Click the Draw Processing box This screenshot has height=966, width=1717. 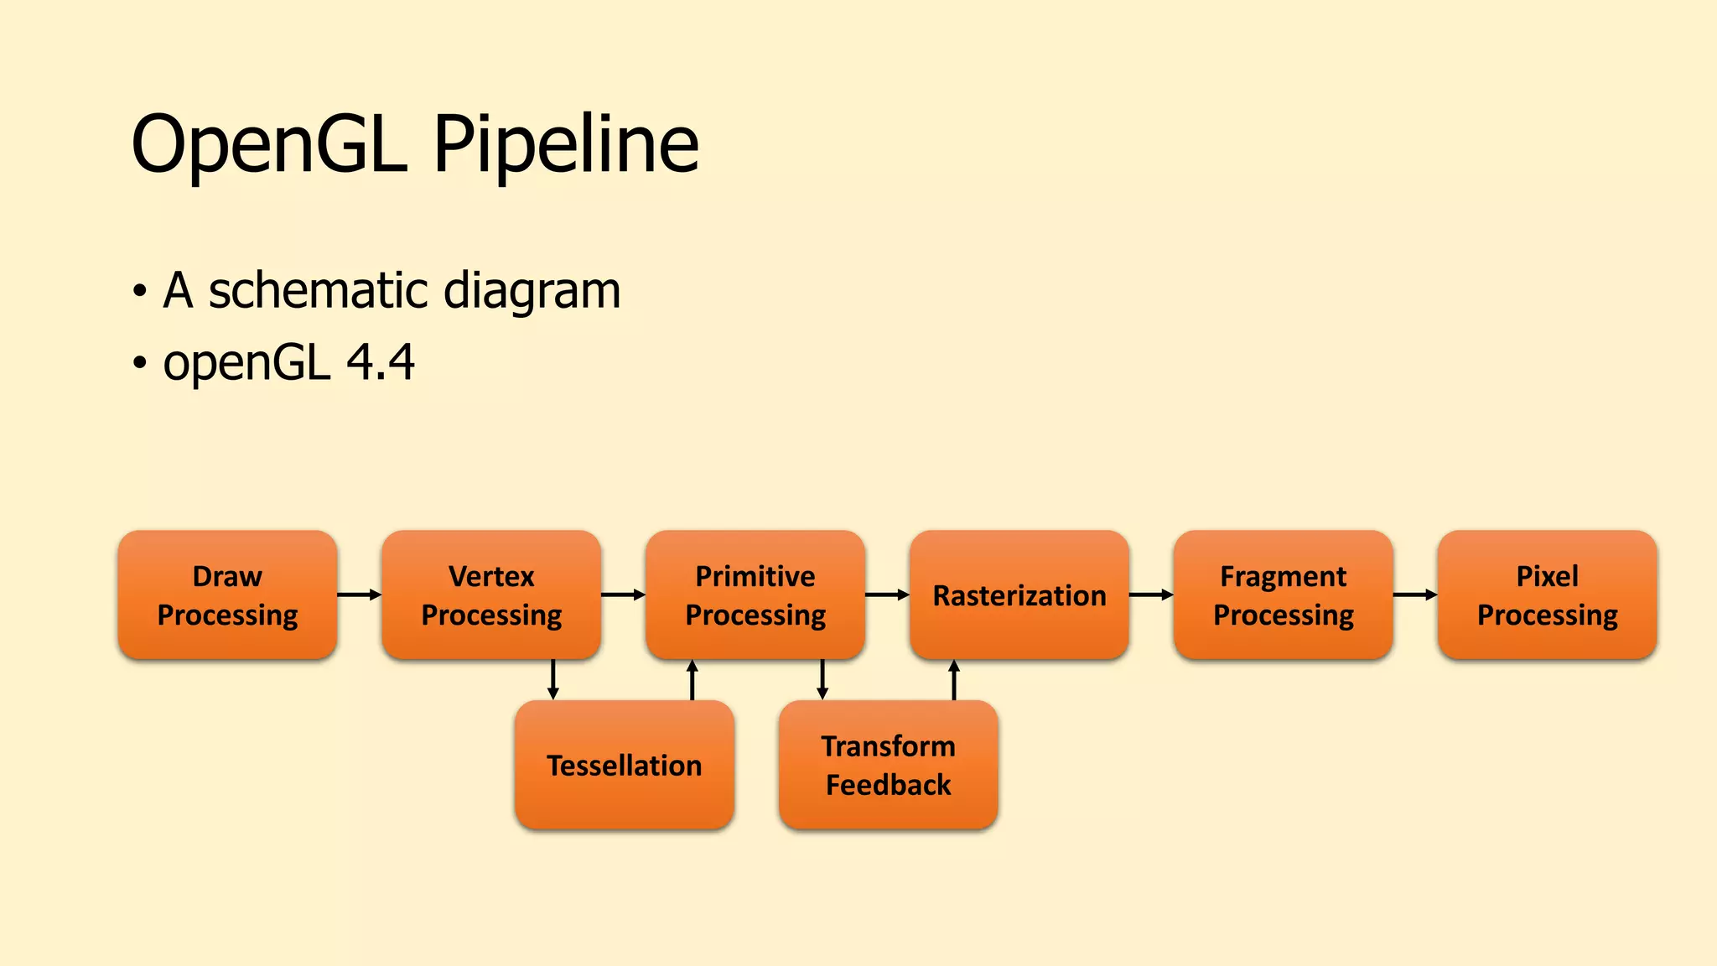pyautogui.click(x=227, y=595)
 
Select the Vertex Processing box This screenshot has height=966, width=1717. pyautogui.click(x=491, y=595)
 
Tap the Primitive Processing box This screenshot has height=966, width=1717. pyautogui.click(x=755, y=595)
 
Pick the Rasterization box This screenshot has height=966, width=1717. pyautogui.click(x=1019, y=595)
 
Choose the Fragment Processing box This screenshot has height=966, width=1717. pyautogui.click(x=1284, y=595)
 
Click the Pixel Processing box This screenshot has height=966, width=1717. pyautogui.click(x=1548, y=595)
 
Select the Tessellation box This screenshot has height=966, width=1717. pyautogui.click(x=625, y=765)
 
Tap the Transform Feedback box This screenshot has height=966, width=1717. pyautogui.click(x=889, y=765)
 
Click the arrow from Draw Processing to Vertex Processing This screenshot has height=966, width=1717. pyautogui.click(x=359, y=595)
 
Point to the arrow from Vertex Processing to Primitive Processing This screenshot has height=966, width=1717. pyautogui.click(x=623, y=595)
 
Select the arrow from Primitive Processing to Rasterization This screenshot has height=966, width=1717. pyautogui.click(x=887, y=595)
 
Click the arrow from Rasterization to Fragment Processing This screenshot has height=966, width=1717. pyautogui.click(x=1151, y=595)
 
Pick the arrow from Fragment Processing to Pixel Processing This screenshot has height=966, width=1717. pyautogui.click(x=1415, y=595)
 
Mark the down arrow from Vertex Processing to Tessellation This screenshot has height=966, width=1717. pyautogui.click(x=553, y=679)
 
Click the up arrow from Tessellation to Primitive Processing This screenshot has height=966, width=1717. pyautogui.click(x=693, y=679)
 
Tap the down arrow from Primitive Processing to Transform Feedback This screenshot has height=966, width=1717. pyautogui.click(x=822, y=679)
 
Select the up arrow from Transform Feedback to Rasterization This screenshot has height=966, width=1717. pyautogui.click(x=954, y=679)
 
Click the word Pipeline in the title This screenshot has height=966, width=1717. pyautogui.click(x=566, y=144)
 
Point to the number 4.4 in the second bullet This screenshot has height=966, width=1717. pyautogui.click(x=381, y=362)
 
